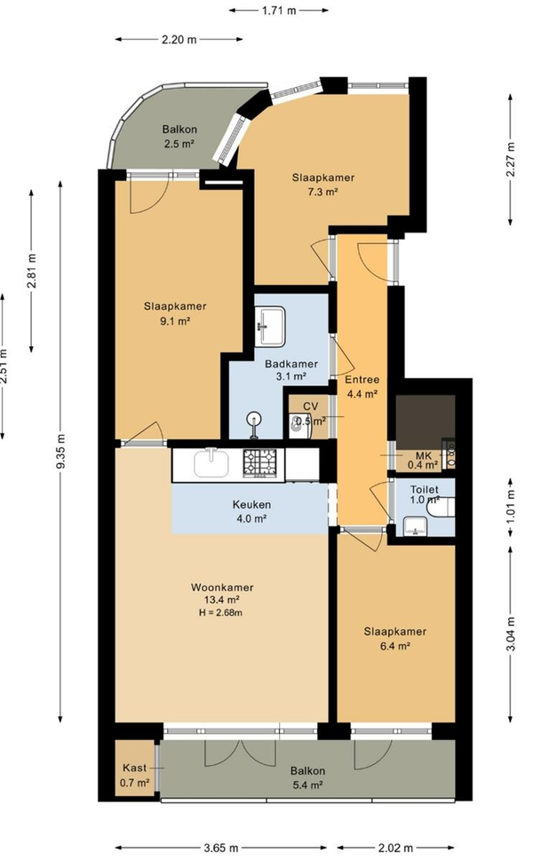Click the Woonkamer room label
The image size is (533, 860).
(x=222, y=588)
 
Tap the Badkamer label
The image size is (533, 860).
(x=290, y=364)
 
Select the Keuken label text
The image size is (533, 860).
(x=251, y=505)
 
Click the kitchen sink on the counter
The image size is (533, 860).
(x=211, y=463)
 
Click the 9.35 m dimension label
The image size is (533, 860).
(x=61, y=451)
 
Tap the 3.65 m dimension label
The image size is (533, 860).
(x=221, y=848)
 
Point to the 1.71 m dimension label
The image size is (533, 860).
(x=279, y=10)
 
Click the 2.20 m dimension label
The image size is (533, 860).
(x=179, y=39)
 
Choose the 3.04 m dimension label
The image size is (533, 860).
(x=511, y=634)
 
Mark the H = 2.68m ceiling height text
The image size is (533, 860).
(x=220, y=612)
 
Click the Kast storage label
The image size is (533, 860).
(x=134, y=768)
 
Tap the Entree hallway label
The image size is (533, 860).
(x=362, y=380)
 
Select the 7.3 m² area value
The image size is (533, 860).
(x=322, y=192)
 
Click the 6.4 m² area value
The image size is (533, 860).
(x=395, y=646)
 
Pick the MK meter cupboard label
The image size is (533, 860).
(x=423, y=456)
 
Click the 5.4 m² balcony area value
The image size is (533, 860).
(x=307, y=785)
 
